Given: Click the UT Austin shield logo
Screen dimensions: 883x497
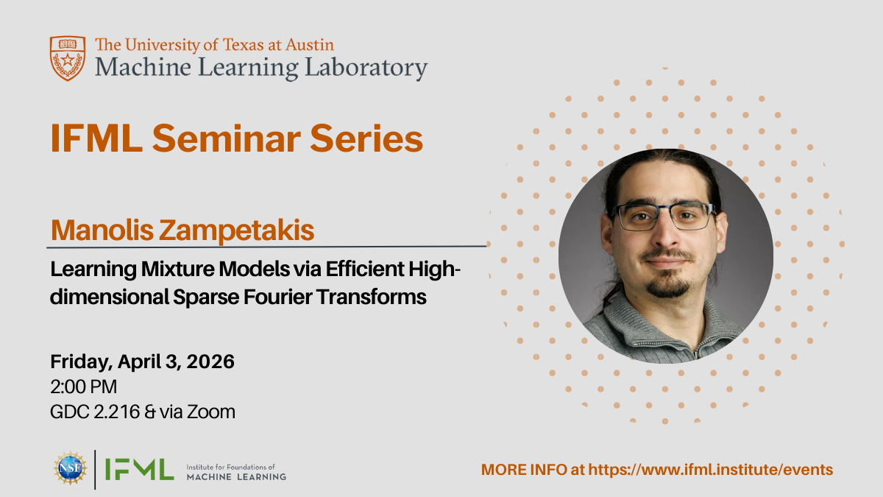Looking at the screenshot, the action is click(x=68, y=58).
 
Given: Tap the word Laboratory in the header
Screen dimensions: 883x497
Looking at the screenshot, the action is click(x=366, y=68).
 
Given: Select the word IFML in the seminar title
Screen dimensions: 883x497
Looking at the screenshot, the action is click(x=96, y=138).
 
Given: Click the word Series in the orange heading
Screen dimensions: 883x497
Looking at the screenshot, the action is click(x=366, y=138).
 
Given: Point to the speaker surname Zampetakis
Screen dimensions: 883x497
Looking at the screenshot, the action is click(x=236, y=230).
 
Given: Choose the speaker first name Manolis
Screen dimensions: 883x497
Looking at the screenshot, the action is click(x=102, y=230).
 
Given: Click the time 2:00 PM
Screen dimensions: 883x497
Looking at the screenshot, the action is click(x=83, y=387).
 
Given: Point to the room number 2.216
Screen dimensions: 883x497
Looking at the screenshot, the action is click(x=117, y=412).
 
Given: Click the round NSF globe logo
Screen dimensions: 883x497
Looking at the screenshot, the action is click(x=70, y=468).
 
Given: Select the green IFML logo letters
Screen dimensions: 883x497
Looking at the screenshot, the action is click(x=140, y=469).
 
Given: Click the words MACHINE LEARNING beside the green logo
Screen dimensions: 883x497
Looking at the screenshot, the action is click(x=236, y=477).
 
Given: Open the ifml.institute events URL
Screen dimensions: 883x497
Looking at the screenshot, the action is click(x=710, y=470).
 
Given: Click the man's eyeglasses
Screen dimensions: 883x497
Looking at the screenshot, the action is click(x=664, y=216).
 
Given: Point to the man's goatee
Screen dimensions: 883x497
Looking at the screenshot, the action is click(x=667, y=286).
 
